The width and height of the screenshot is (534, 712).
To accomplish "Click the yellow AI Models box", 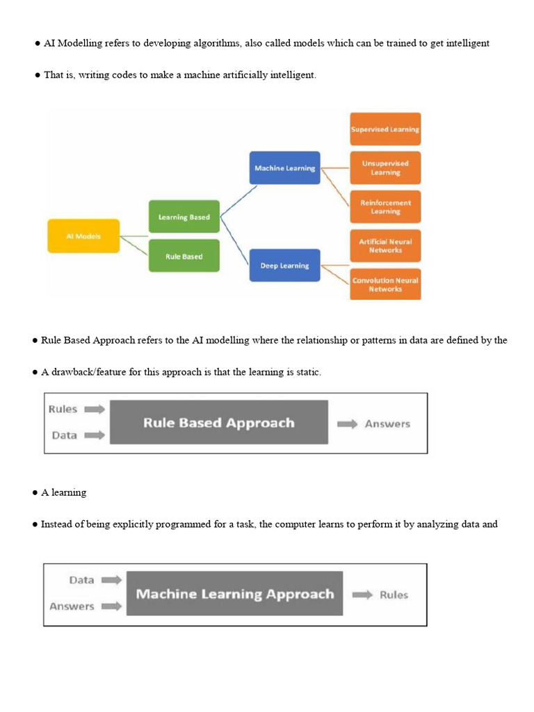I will click(x=83, y=236).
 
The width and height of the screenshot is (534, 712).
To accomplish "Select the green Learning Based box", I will click(x=184, y=217).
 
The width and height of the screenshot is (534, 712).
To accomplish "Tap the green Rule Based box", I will click(x=184, y=257).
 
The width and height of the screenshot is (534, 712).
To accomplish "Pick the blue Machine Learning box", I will click(x=284, y=168).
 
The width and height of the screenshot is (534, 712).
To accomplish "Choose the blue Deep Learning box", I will click(x=284, y=266).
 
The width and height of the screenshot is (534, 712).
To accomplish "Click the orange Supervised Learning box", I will click(x=385, y=129).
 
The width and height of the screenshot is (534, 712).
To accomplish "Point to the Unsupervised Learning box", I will click(x=385, y=168).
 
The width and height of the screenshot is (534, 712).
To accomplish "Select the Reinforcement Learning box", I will click(x=385, y=207).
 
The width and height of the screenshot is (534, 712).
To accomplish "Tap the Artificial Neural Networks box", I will click(x=385, y=246).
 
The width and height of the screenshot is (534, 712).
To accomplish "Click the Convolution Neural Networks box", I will click(x=385, y=284).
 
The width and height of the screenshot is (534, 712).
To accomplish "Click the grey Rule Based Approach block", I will click(x=218, y=422).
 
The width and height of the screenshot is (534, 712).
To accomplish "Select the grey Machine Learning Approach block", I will click(x=234, y=594).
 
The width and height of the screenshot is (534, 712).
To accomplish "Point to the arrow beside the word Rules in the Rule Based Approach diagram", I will click(x=94, y=410).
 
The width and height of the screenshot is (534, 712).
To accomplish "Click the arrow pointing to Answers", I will click(x=348, y=423).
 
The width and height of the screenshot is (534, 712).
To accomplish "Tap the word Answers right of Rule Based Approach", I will click(x=387, y=423).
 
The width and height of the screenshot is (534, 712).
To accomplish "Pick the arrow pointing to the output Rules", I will click(x=362, y=594).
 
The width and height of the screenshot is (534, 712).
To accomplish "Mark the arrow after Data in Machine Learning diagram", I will click(x=111, y=580).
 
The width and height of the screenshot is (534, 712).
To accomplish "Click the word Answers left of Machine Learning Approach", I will click(x=72, y=606).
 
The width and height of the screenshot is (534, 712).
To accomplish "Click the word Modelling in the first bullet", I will click(x=80, y=43).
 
